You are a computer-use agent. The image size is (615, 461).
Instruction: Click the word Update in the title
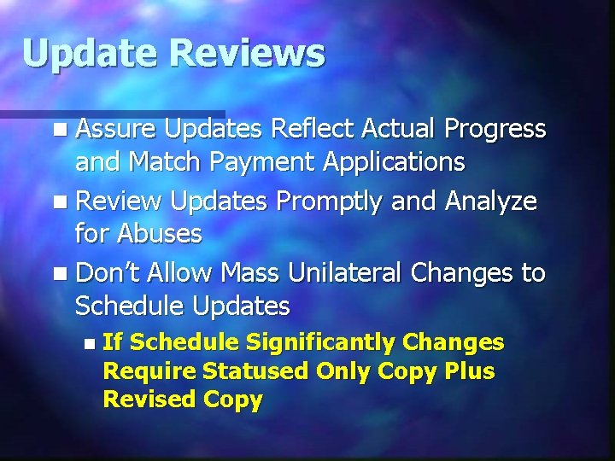click(90, 54)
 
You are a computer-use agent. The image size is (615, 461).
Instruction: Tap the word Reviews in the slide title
click(247, 54)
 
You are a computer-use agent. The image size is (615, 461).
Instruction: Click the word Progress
click(495, 129)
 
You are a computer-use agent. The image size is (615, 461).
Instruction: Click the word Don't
click(108, 273)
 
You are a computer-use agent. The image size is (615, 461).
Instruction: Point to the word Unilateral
click(344, 273)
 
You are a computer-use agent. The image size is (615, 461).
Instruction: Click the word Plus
click(473, 371)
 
